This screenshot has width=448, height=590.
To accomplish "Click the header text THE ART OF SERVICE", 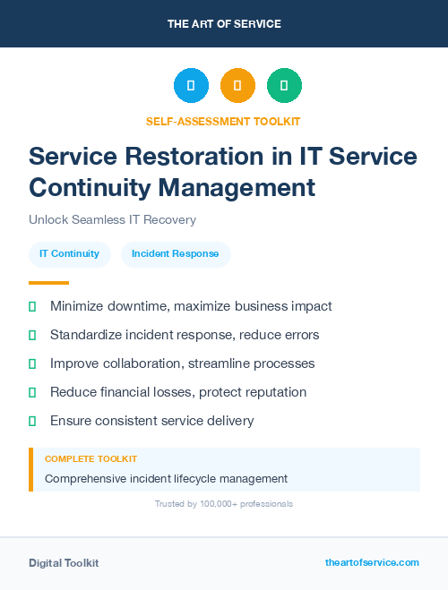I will [224, 24].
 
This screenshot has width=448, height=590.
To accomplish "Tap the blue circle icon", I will [191, 86].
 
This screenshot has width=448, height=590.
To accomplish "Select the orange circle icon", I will [237, 86].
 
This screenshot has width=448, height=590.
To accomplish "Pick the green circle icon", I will [284, 86].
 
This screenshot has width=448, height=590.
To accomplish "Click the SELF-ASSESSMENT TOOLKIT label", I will [223, 121].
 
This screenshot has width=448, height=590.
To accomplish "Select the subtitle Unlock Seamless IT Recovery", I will [112, 219].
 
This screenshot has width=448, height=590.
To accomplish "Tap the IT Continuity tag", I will [69, 253].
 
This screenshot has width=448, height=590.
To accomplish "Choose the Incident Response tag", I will [176, 253].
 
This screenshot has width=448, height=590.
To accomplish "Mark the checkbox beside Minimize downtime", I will [32, 306].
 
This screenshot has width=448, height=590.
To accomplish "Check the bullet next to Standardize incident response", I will [32, 335].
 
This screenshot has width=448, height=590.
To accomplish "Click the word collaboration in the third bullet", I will [147, 363].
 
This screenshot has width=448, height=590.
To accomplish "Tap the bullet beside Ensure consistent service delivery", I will [32, 421].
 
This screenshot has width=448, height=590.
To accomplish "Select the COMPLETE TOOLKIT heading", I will [90, 458].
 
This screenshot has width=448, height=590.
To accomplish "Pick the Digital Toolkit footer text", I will [64, 562].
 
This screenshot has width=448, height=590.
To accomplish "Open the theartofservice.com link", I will [372, 562].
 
